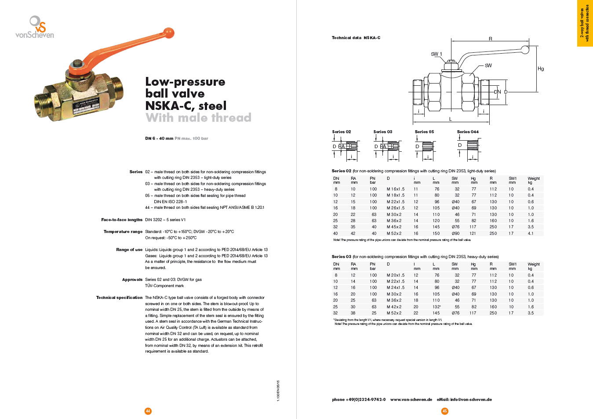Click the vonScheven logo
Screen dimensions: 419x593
35,28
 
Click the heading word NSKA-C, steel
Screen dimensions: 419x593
186,106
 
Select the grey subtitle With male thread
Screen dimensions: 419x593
198,118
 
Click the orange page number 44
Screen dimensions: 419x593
148,411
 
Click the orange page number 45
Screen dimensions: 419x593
445,411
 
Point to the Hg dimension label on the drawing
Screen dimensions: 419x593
541,69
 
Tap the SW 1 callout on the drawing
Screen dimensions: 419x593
436,54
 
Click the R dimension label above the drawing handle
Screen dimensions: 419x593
491,39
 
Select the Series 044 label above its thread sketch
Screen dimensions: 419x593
468,132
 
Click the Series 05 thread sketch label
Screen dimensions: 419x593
424,132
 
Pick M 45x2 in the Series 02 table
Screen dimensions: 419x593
394,227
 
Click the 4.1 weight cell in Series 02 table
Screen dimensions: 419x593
531,233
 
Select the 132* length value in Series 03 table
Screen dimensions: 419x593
436,307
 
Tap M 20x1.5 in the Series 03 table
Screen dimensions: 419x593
395,275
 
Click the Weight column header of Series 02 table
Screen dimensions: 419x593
533,179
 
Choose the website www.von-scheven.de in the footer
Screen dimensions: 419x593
411,400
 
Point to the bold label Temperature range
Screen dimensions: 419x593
123,232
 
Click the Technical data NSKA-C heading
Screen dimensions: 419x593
356,38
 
